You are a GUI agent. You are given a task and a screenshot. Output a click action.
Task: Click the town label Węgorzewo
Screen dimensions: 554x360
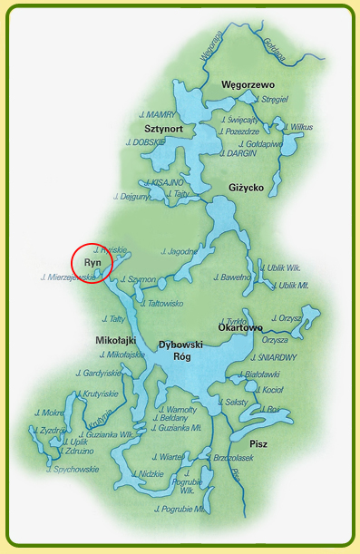[248, 84]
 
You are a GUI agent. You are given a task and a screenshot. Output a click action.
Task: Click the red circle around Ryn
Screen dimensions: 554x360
[91, 262]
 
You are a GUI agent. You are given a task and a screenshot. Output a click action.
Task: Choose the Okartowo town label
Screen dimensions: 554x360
[240, 327]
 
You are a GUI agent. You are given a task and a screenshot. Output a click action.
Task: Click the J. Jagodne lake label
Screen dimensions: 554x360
[179, 250]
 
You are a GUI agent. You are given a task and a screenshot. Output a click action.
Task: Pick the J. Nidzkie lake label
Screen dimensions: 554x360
[146, 473]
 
